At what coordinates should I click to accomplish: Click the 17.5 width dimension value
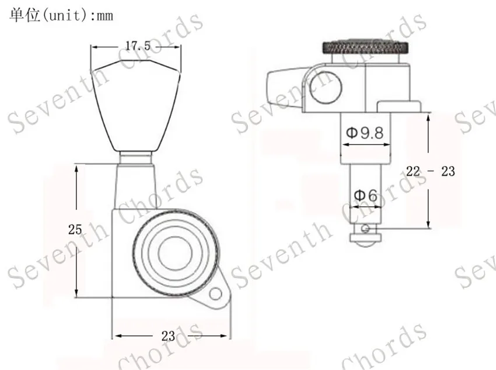point(138,46)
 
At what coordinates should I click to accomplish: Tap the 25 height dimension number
point(75,229)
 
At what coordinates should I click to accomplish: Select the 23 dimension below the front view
point(168,336)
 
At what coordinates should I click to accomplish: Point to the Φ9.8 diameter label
point(365,133)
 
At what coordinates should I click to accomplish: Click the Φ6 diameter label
point(366,195)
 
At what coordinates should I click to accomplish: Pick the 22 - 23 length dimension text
point(431,171)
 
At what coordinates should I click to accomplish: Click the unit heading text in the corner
point(61,15)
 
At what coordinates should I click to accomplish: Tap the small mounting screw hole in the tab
point(216,294)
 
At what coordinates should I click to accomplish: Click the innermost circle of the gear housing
point(175,253)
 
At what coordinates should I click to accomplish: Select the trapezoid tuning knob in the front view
point(136,105)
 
